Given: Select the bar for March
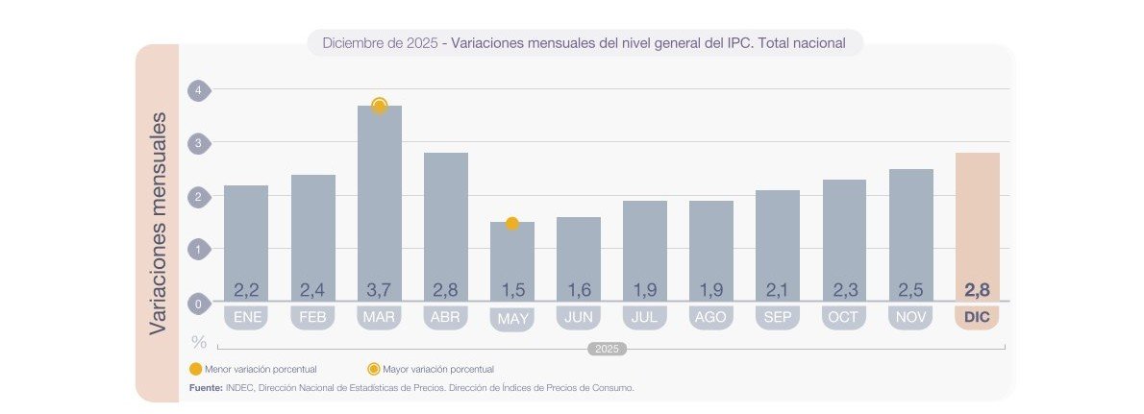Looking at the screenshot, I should point(379,192).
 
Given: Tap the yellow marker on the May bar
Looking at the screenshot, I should point(511,224).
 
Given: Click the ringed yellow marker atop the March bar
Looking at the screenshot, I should point(379,106).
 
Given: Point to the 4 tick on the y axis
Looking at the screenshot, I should point(198,89).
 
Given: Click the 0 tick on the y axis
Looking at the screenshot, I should point(198,304).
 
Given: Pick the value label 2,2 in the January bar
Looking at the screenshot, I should point(246,289).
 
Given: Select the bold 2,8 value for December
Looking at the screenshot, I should point(977,289).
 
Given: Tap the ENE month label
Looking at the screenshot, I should point(246,317).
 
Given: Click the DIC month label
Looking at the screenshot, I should point(977,317).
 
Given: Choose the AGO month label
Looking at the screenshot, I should point(711,317).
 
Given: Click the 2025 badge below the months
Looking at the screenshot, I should point(607,350).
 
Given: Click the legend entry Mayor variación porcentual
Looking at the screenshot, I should point(436,369).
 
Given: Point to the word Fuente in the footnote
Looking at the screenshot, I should point(206,388).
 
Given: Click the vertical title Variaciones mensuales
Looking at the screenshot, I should point(158,223).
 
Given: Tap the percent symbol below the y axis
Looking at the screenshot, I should point(199,342).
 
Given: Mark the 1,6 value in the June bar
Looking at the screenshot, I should point(578,289).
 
